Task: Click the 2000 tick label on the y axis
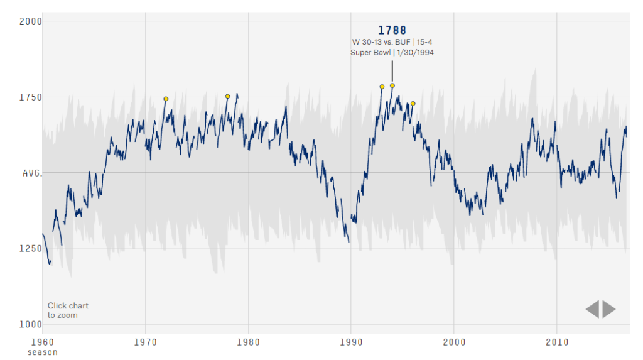30,21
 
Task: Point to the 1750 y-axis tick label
30,97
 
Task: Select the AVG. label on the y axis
32,173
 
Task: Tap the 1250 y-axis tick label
30,249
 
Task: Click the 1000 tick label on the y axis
30,325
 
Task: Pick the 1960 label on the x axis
43,342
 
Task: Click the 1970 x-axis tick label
145,342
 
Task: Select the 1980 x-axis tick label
248,342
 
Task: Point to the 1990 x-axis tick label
351,342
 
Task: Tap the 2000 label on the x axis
454,342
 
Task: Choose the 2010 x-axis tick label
556,342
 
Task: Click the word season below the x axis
43,352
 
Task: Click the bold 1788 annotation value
392,30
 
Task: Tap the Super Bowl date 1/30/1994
415,53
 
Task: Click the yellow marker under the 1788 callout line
392,85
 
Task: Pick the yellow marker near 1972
166,99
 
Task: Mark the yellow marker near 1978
227,96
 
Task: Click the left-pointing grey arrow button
592,309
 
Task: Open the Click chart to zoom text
68,310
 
